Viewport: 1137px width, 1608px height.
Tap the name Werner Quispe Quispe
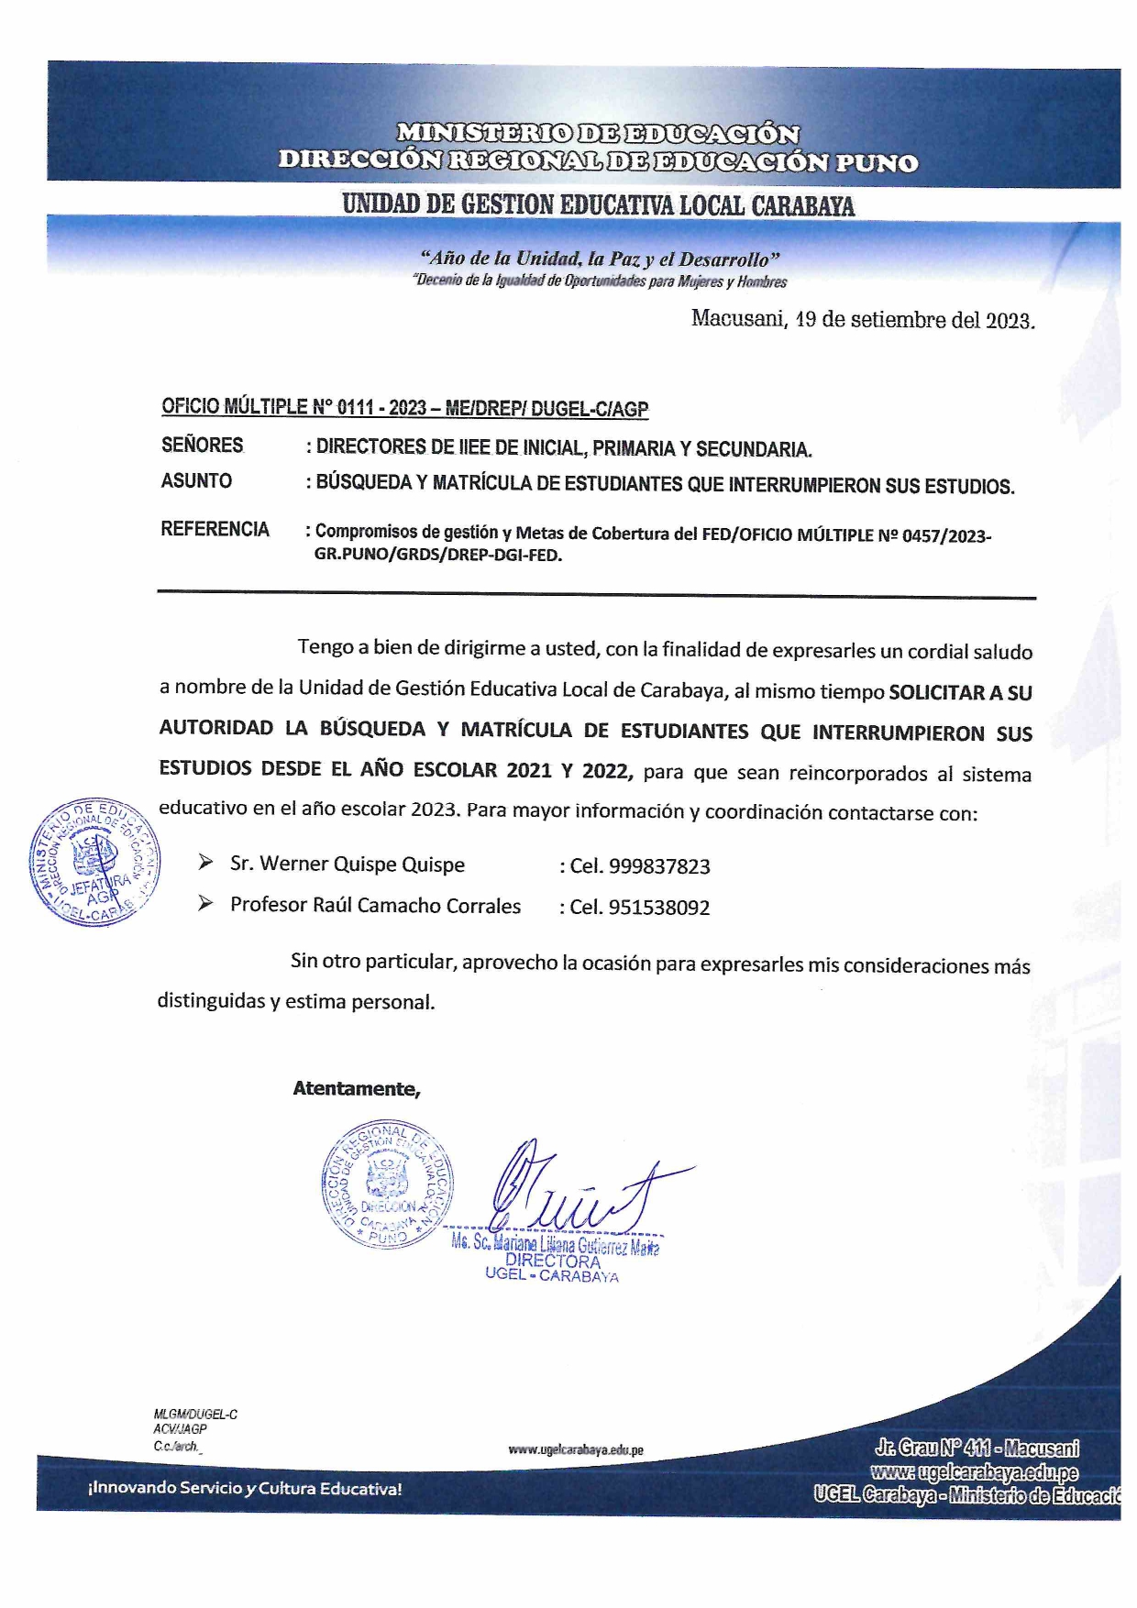click(x=361, y=865)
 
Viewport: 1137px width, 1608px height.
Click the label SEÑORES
click(x=203, y=446)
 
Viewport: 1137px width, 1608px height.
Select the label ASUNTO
click(x=196, y=480)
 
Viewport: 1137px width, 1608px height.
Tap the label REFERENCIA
click(x=215, y=529)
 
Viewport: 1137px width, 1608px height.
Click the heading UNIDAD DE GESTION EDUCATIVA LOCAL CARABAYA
click(x=598, y=204)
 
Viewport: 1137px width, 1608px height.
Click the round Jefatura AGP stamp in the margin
click(x=93, y=861)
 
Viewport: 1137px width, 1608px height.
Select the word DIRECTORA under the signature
click(x=552, y=1261)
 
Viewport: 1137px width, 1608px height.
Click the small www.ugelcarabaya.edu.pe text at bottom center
click(x=576, y=1450)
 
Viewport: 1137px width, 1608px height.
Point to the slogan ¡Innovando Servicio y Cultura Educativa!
click(x=245, y=1489)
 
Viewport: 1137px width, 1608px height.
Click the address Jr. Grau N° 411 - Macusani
click(x=976, y=1448)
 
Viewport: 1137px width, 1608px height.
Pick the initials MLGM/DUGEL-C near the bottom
click(x=195, y=1415)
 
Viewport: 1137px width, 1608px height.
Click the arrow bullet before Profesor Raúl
click(x=205, y=904)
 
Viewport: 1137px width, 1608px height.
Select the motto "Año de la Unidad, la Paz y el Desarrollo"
click(x=600, y=259)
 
